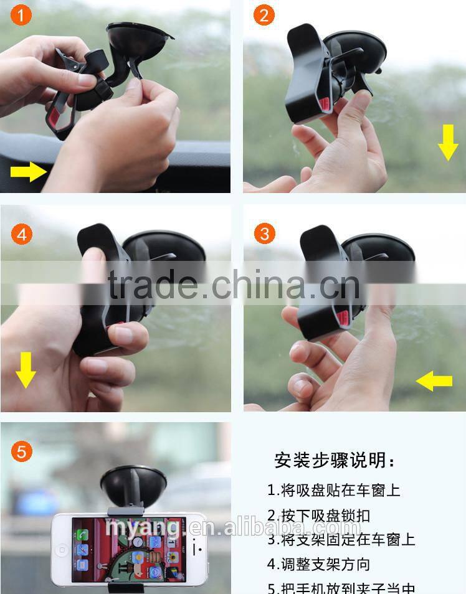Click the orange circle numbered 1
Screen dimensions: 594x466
click(x=22, y=16)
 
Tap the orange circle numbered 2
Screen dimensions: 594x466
click(x=264, y=15)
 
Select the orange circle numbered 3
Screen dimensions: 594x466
click(x=265, y=234)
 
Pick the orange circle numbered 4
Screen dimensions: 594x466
click(x=22, y=235)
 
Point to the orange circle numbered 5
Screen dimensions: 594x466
click(x=22, y=451)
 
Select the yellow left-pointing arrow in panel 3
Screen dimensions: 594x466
click(x=434, y=380)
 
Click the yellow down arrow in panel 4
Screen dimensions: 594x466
click(x=26, y=369)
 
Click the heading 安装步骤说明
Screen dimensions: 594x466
click(x=335, y=461)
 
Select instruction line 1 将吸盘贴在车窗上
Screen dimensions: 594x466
click(x=334, y=490)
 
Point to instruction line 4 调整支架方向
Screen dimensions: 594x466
click(x=318, y=564)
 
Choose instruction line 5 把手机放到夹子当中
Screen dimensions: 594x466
click(x=341, y=587)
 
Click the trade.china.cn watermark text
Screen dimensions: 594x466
click(x=234, y=285)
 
